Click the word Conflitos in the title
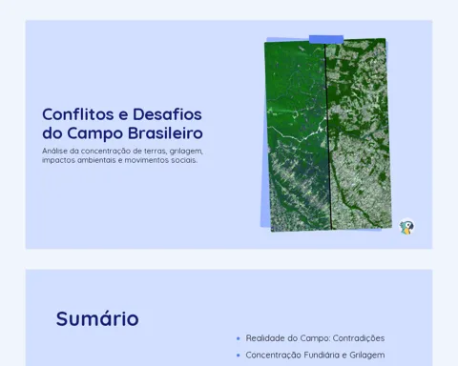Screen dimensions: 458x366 (78, 114)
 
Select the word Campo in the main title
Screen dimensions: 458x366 (95, 133)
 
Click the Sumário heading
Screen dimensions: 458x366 (97, 318)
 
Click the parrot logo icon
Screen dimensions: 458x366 (406, 226)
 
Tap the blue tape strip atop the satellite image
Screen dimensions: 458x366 (326, 39)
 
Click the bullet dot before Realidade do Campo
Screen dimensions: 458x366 (239, 338)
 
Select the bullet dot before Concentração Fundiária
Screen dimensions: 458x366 (239, 356)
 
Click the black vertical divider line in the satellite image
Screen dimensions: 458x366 (328, 136)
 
